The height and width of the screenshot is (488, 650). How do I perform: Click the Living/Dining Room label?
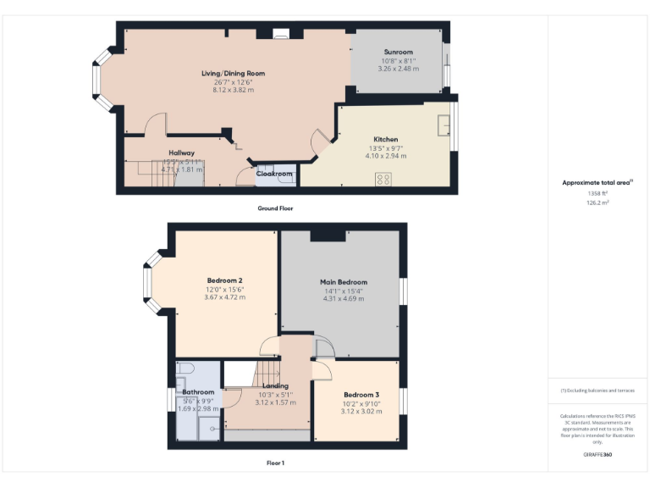[x=233, y=74]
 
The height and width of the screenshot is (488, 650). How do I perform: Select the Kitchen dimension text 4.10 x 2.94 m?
[x=385, y=156]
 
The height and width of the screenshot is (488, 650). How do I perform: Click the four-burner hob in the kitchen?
[x=383, y=179]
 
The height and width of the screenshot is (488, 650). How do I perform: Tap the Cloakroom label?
[x=274, y=174]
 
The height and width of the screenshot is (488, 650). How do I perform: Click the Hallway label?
[x=181, y=152]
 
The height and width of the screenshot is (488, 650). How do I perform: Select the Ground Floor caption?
[x=275, y=208]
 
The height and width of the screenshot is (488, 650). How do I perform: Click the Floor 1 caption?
[x=275, y=463]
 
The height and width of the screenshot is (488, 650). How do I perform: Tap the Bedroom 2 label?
[x=225, y=280]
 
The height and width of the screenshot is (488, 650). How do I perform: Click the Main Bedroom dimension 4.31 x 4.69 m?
[x=343, y=298]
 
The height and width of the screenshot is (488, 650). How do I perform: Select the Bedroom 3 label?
[x=361, y=395]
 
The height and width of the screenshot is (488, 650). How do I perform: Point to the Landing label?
[x=275, y=385]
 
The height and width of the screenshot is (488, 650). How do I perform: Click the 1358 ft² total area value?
[x=598, y=194]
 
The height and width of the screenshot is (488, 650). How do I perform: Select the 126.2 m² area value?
[x=598, y=202]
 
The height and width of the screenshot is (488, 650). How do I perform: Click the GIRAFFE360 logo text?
[x=598, y=455]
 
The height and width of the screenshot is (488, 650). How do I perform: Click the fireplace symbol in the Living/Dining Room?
[x=280, y=35]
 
